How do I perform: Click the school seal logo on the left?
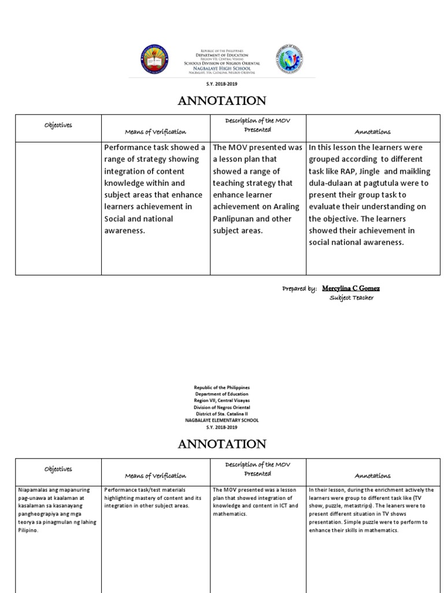(x=156, y=61)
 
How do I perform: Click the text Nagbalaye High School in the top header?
(x=222, y=68)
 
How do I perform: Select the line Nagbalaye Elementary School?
(x=222, y=420)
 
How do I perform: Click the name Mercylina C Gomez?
(x=351, y=288)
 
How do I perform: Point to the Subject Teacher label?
(x=351, y=298)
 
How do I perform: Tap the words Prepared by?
(x=299, y=288)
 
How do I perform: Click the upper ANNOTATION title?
(x=222, y=101)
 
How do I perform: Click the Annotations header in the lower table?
(x=372, y=475)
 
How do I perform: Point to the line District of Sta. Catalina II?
(x=222, y=413)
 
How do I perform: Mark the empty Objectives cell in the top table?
(x=57, y=208)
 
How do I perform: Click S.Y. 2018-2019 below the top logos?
(x=222, y=84)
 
